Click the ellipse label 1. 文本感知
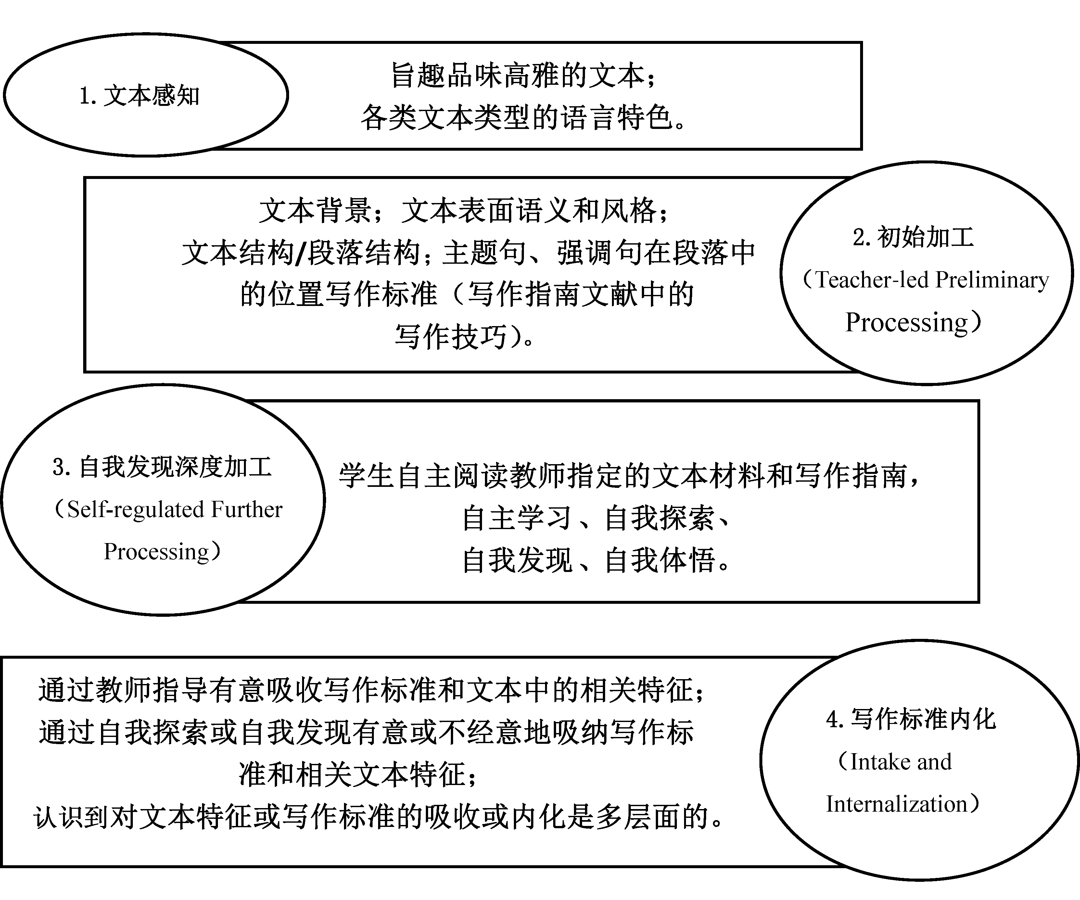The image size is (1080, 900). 139,96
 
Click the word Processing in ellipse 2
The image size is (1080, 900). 907,323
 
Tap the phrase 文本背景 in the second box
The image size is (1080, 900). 315,211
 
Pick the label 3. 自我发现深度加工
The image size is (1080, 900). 162,467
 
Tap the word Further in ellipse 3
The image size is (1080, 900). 247,509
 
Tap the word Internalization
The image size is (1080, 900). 897,804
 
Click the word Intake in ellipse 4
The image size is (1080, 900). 880,762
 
